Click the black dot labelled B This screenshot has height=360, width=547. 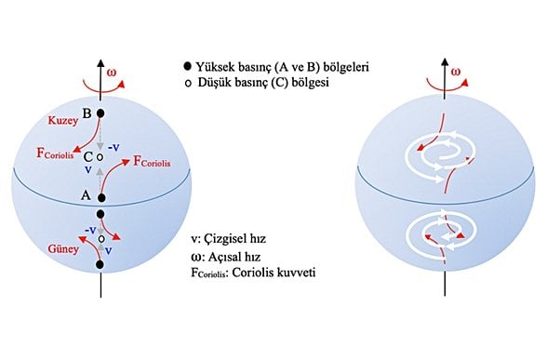pyautogui.click(x=100, y=113)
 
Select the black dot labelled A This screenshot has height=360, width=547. pyautogui.click(x=100, y=197)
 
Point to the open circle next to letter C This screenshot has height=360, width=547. pyautogui.click(x=100, y=156)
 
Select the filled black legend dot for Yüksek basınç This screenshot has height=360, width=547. pyautogui.click(x=188, y=67)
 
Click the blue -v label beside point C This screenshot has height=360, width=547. pyautogui.click(x=114, y=147)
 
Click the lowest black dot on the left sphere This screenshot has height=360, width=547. pyautogui.click(x=100, y=265)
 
